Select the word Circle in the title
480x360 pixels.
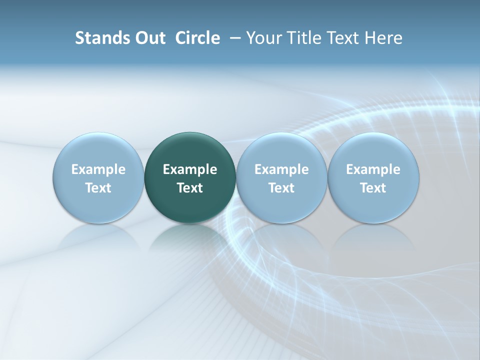click(x=197, y=38)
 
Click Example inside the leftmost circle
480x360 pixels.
click(x=98, y=169)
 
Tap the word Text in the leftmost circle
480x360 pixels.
click(x=98, y=188)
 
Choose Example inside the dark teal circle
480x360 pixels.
click(x=190, y=169)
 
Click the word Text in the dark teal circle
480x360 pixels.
click(x=190, y=188)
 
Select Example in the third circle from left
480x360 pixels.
click(x=281, y=169)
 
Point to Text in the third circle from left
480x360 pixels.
click(x=281, y=188)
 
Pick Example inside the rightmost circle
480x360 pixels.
click(x=373, y=169)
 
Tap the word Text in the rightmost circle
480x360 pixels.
click(x=373, y=188)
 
